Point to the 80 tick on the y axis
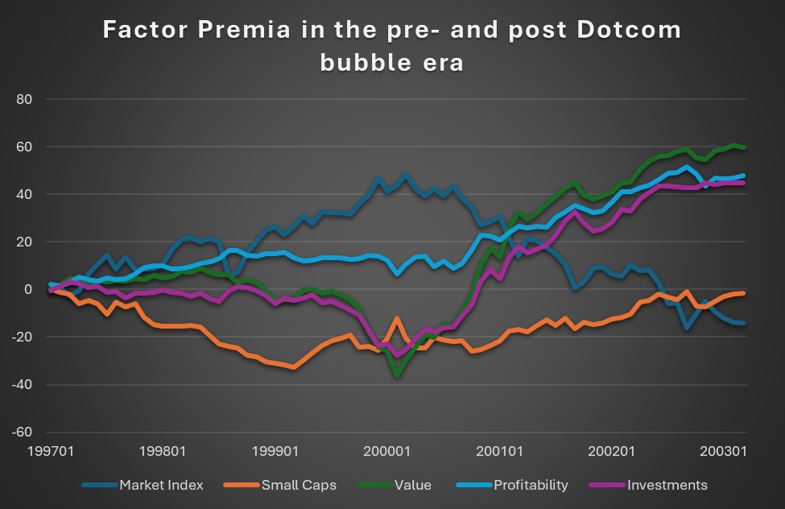click(x=33, y=99)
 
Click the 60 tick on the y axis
click(x=33, y=147)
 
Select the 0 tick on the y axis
click(x=37, y=289)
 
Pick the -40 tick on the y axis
click(x=31, y=384)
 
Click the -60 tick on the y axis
click(x=31, y=432)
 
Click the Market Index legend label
click(x=161, y=485)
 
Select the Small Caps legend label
click(x=298, y=485)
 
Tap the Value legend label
click(x=412, y=485)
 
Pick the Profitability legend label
click(x=531, y=485)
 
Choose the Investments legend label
click(x=667, y=485)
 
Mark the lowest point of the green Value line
click(x=397, y=375)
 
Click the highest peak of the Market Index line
click(x=406, y=174)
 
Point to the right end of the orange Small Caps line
click(x=742, y=293)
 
